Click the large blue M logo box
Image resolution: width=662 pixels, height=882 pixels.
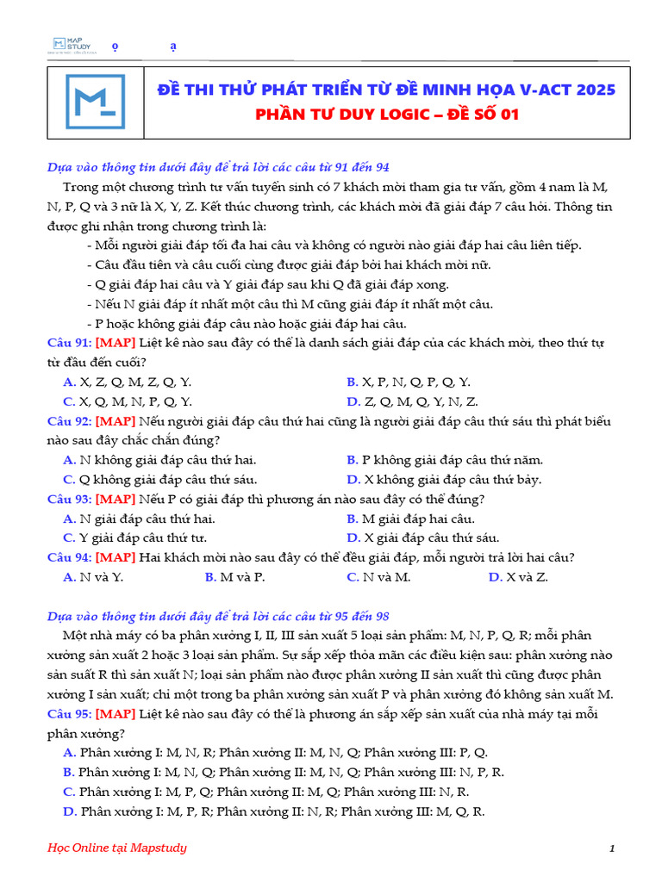click(x=95, y=102)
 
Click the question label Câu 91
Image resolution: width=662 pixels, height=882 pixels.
click(x=70, y=343)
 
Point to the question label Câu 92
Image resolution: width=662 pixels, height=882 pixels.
click(x=70, y=421)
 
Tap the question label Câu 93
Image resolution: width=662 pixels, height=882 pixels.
click(x=70, y=499)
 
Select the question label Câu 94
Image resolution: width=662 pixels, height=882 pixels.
click(x=70, y=556)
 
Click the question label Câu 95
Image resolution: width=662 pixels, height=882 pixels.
click(x=70, y=714)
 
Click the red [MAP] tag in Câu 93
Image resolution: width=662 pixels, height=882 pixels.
click(x=116, y=499)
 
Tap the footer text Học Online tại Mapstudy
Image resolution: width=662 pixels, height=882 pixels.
click(x=116, y=848)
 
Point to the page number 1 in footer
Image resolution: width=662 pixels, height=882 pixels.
click(x=611, y=849)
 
